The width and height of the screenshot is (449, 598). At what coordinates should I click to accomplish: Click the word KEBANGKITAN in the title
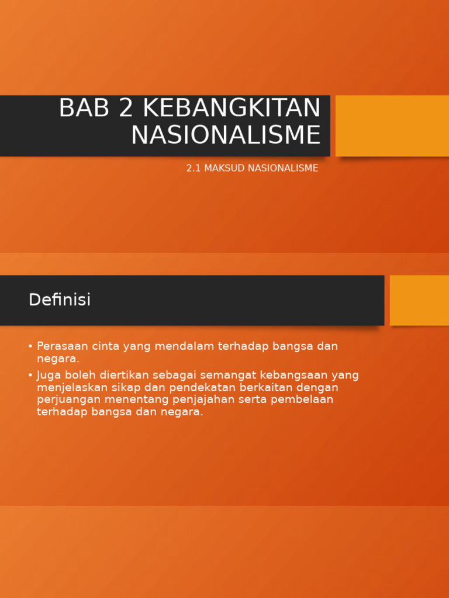232,109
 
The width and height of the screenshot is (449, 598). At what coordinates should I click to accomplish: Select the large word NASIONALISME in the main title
226,135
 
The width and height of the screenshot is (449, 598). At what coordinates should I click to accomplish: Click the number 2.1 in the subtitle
194,168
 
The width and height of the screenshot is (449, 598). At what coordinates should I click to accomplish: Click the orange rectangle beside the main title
392,126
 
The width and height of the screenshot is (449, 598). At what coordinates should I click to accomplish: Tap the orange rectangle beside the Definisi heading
419,300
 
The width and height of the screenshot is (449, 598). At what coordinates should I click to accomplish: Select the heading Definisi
60,300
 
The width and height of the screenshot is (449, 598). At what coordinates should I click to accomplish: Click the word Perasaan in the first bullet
61,346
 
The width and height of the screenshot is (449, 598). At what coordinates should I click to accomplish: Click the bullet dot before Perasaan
30,346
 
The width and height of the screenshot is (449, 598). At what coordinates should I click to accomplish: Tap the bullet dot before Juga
30,376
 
